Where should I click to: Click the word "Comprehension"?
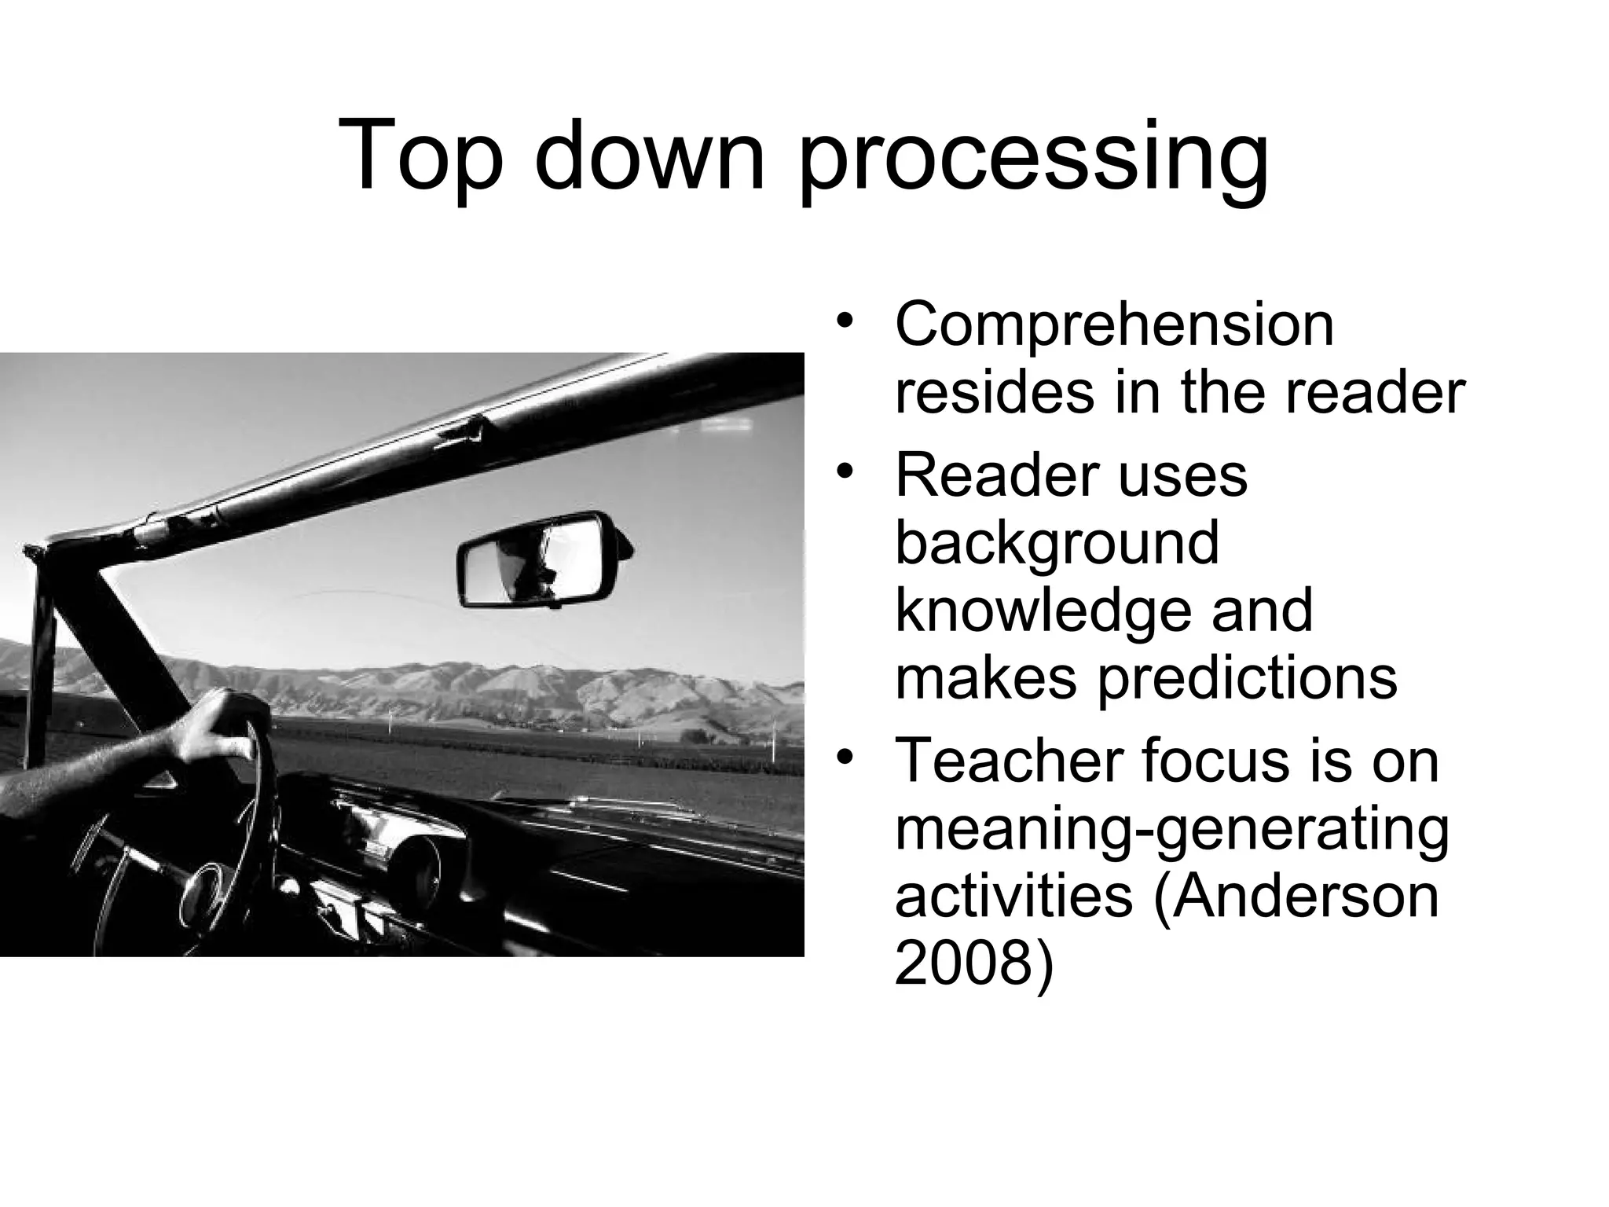(1114, 325)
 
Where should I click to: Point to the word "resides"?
(993, 393)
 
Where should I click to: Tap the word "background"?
(1057, 544)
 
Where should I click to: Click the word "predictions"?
(1247, 679)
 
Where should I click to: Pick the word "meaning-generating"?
(1171, 830)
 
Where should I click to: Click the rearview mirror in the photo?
(542, 559)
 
